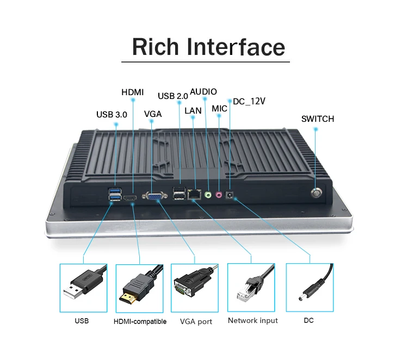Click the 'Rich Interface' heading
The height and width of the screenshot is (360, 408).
pos(208,47)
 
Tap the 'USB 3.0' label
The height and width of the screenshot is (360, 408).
pos(112,115)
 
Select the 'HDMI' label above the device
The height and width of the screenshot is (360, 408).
pos(133,93)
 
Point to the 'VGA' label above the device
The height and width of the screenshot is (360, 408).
pos(153,114)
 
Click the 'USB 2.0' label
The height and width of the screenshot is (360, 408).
pos(173,96)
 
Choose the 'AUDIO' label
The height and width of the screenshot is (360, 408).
pos(203,92)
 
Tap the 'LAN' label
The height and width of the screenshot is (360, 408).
pos(193,110)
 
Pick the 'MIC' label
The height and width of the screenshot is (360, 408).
pos(220,109)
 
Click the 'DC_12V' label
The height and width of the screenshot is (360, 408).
pos(249,101)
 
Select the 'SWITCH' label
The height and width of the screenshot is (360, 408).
pos(318,119)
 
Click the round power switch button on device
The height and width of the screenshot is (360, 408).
pos(317,193)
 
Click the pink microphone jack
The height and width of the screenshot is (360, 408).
pos(219,194)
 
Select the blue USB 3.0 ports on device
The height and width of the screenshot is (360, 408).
pos(115,194)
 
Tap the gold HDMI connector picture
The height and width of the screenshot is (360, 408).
pos(139,288)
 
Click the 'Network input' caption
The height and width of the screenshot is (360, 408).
pos(253,320)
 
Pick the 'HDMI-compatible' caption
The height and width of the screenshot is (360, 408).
pos(140,321)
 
